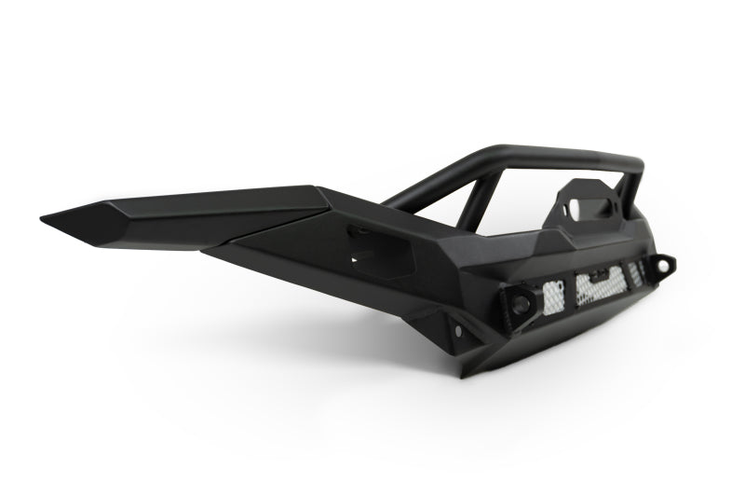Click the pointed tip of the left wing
point(44,219)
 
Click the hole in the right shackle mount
point(662,266)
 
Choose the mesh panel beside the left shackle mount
point(551,292)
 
